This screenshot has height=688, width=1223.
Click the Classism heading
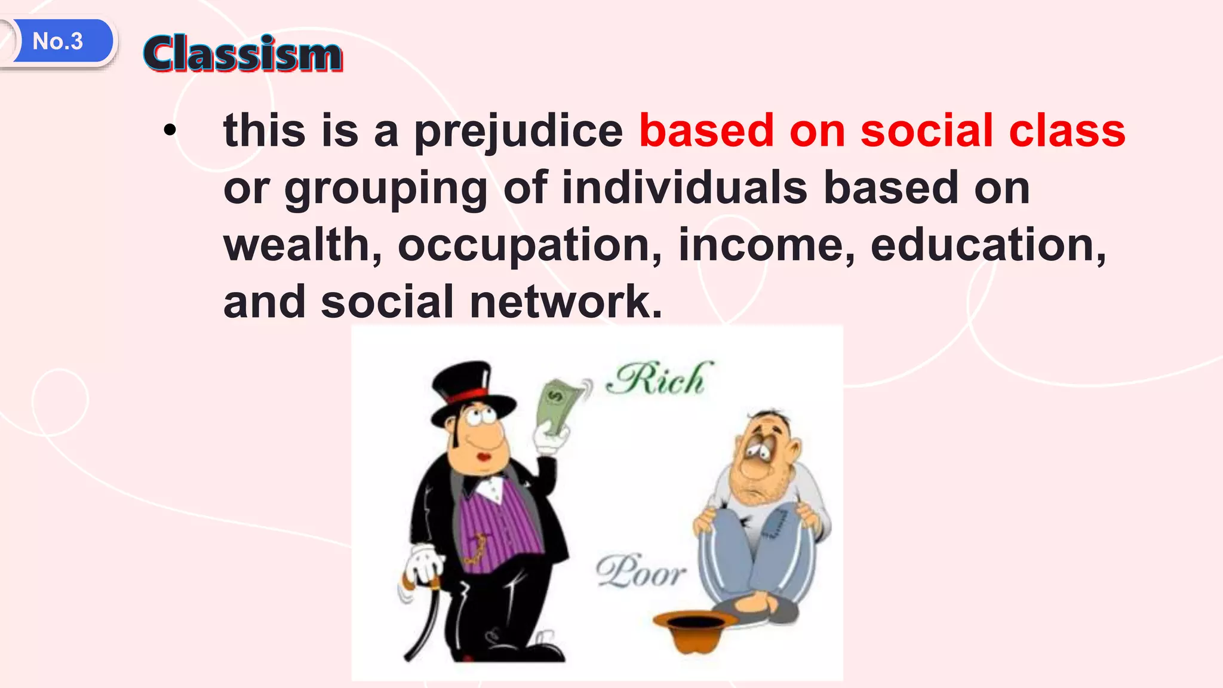[x=242, y=54]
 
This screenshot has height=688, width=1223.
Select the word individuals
[x=685, y=188]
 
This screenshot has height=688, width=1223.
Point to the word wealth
[x=302, y=245]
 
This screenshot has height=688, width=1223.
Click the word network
[x=565, y=302]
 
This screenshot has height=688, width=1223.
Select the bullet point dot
[x=170, y=131]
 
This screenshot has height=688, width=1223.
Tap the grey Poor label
[x=640, y=571]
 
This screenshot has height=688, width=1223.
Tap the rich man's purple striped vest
[x=502, y=526]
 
